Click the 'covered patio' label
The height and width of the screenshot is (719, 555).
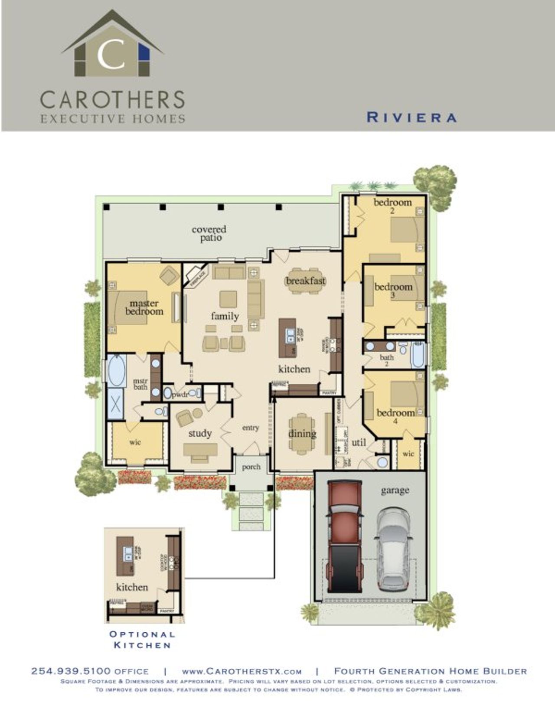pyautogui.click(x=209, y=233)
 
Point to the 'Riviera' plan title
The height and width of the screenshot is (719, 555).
pyautogui.click(x=411, y=117)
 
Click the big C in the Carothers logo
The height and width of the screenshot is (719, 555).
pyautogui.click(x=111, y=55)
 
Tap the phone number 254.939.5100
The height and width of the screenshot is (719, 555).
pyautogui.click(x=71, y=671)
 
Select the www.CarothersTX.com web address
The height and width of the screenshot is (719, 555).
pyautogui.click(x=242, y=671)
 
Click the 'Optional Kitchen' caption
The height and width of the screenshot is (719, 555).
pyautogui.click(x=142, y=640)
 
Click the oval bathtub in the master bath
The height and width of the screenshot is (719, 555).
pyautogui.click(x=117, y=371)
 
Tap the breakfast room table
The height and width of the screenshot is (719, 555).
pyautogui.click(x=306, y=281)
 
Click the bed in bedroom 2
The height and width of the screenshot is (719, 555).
pyautogui.click(x=407, y=229)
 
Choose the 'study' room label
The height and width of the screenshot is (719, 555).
pyautogui.click(x=200, y=433)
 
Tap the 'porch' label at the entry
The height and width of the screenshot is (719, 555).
pyautogui.click(x=251, y=467)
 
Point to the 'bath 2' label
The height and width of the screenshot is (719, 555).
pyautogui.click(x=386, y=360)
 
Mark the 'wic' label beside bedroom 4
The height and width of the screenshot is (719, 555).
pyautogui.click(x=408, y=454)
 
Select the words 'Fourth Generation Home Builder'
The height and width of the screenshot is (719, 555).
pyautogui.click(x=430, y=671)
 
